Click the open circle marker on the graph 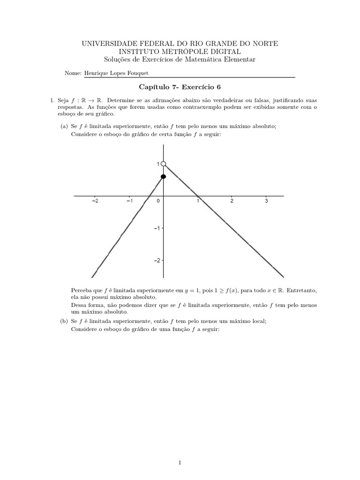[x=163, y=164]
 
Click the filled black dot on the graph [x=163, y=176]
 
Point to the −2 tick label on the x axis [x=95, y=201]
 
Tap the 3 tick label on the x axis [x=266, y=201]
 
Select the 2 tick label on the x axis [x=232, y=201]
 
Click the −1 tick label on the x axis [x=129, y=201]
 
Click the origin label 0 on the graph [x=158, y=201]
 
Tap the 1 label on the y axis [x=158, y=164]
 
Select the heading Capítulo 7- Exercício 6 [x=180, y=87]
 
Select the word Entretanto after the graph [x=301, y=290]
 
